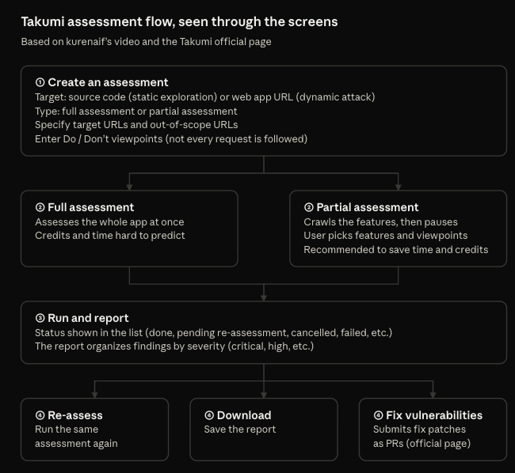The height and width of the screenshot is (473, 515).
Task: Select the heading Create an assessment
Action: click(108, 82)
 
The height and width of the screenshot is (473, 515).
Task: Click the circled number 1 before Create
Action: click(40, 82)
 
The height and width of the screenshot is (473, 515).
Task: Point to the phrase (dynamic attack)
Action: click(335, 97)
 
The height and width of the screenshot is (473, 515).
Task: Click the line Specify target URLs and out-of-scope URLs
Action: click(136, 125)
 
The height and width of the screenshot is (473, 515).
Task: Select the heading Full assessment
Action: click(91, 207)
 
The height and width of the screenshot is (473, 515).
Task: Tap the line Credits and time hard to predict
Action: click(110, 236)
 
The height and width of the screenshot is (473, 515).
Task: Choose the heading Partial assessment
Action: click(368, 207)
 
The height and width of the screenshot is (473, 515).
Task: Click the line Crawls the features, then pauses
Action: click(380, 222)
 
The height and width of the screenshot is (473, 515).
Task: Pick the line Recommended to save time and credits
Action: click(396, 249)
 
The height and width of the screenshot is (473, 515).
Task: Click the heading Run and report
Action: click(89, 318)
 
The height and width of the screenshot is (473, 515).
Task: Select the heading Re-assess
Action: click(75, 415)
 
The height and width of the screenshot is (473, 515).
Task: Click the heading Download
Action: click(244, 415)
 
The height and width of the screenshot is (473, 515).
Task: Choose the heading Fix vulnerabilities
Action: click(434, 415)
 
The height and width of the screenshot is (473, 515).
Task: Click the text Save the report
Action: click(240, 429)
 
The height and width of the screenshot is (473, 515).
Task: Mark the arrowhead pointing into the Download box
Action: click(264, 395)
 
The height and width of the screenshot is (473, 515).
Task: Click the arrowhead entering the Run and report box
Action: click(264, 297)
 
